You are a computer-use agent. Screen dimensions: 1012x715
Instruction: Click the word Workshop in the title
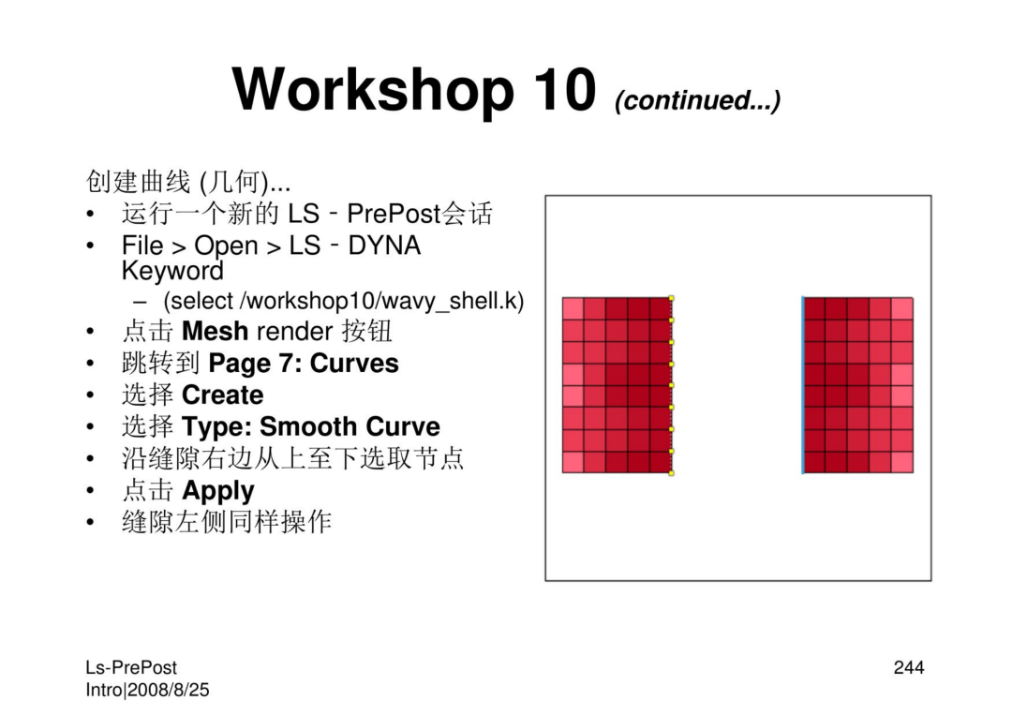tap(373, 90)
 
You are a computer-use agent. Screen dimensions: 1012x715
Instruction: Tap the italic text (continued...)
tap(698, 100)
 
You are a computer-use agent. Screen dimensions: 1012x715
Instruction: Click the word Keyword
tap(172, 271)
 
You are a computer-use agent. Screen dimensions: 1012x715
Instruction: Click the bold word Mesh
tap(215, 331)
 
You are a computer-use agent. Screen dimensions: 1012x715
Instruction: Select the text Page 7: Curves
tap(304, 364)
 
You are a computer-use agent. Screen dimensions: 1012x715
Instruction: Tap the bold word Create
tap(223, 395)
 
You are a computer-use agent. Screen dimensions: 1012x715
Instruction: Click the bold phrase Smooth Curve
tap(350, 426)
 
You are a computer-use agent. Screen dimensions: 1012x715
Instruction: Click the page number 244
tap(909, 668)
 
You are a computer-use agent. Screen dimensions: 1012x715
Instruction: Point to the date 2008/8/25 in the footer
tap(169, 690)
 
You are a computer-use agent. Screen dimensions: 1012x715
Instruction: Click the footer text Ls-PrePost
tap(131, 668)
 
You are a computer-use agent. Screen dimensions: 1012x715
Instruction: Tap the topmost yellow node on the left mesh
tap(671, 298)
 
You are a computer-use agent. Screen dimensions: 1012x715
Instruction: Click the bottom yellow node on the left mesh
tap(671, 473)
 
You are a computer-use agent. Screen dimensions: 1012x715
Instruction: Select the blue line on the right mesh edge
tap(803, 385)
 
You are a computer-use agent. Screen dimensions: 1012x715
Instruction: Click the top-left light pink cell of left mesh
tap(573, 308)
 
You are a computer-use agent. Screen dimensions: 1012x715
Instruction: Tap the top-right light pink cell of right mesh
tap(901, 308)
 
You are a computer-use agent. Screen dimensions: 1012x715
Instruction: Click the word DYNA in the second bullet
tap(384, 246)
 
